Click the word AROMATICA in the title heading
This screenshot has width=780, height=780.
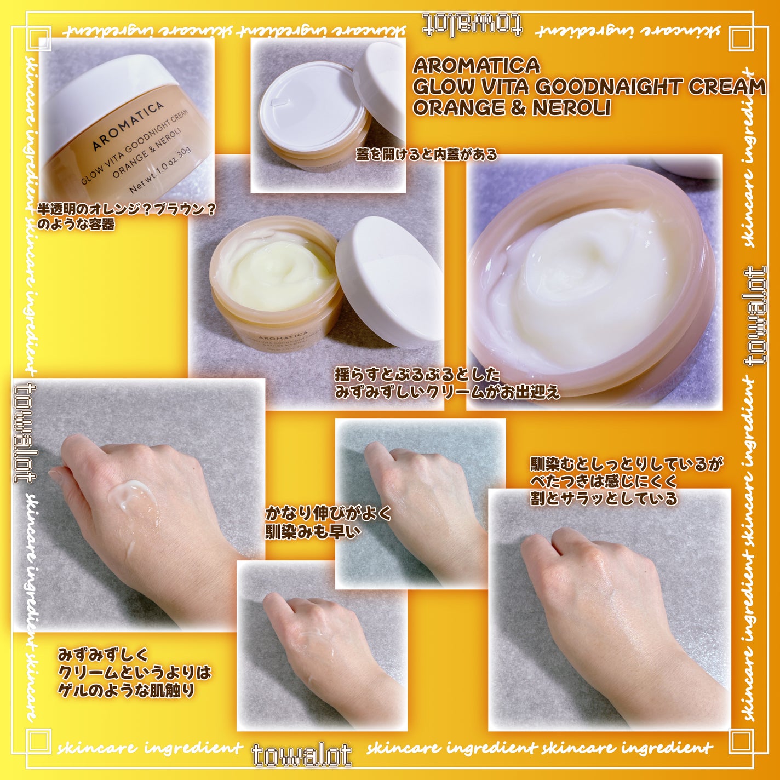point(476,66)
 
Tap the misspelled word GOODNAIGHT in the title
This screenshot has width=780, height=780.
point(605,87)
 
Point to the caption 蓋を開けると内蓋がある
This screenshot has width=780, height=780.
point(426,155)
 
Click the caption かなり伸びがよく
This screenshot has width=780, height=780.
point(329,513)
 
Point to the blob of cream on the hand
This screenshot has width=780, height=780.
point(131,496)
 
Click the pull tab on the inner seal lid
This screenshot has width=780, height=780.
point(280,101)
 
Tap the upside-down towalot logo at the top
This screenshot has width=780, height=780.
point(472,25)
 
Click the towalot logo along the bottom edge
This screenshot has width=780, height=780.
point(302,755)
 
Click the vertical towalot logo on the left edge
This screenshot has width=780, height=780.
point(24,433)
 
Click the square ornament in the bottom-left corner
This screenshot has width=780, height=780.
point(38,741)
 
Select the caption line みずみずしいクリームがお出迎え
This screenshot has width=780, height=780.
point(447,392)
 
